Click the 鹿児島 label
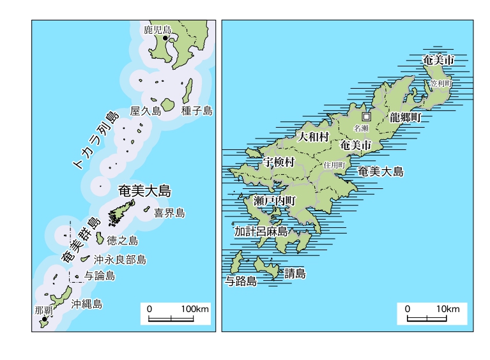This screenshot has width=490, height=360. point(158,29)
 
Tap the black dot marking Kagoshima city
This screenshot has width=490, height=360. point(165,38)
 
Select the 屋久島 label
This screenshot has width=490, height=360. point(146,111)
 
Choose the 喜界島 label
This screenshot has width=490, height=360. point(169,213)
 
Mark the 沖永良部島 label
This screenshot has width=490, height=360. point(119,260)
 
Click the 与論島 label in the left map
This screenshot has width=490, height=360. point(100,276)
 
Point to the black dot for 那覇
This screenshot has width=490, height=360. point(45,319)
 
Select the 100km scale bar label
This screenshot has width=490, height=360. point(195,309)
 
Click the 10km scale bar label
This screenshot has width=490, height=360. point(448,309)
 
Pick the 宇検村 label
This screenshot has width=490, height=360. point(279,163)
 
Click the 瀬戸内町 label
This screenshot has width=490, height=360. point(275,200)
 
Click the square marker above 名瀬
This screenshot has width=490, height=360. point(366,117)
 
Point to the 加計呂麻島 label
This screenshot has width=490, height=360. point(261,232)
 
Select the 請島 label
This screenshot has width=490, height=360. point(295,274)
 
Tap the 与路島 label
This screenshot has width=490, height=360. point(241,281)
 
